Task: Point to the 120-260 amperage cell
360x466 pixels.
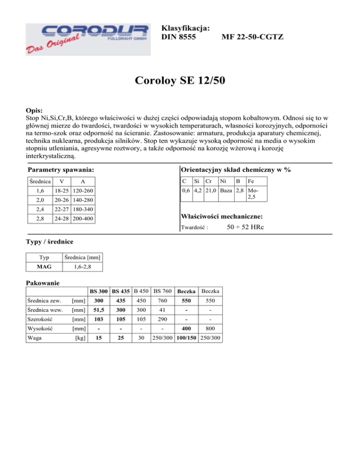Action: click(x=83, y=191)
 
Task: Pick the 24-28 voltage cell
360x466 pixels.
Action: click(x=62, y=218)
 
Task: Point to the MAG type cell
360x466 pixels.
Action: click(x=44, y=267)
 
